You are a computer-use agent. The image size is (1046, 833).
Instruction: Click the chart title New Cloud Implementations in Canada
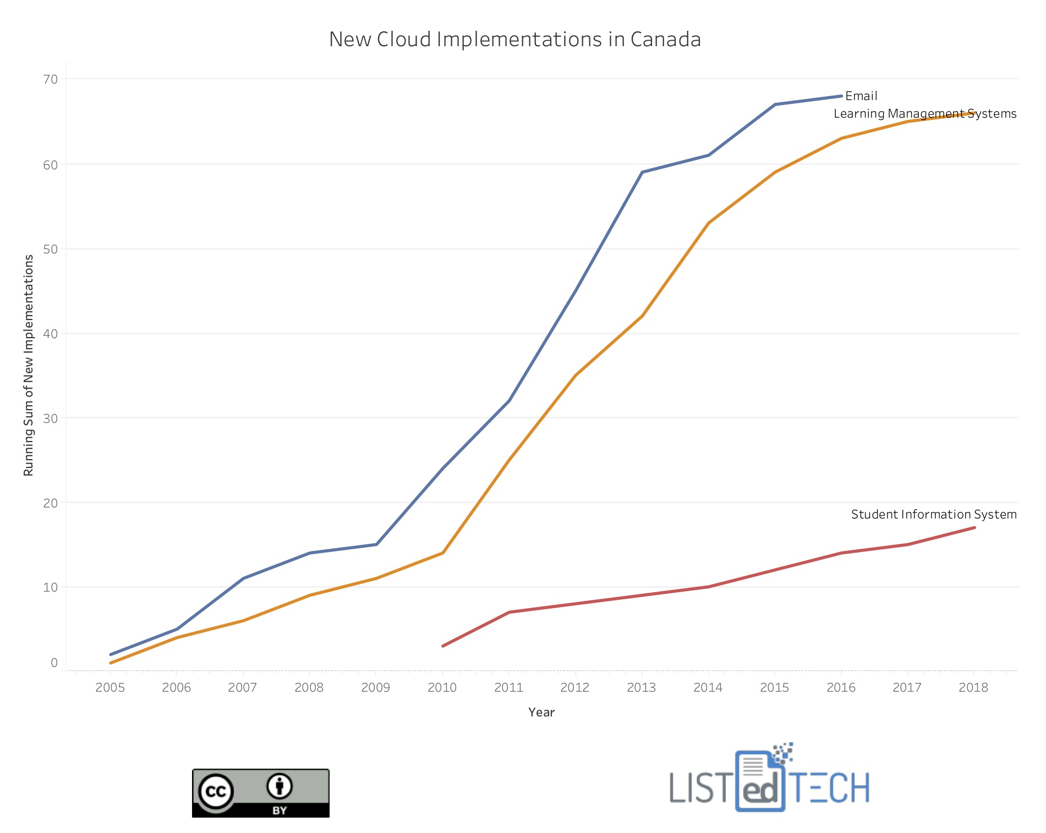tap(514, 40)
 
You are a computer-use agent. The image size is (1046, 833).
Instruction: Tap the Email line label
tap(861, 96)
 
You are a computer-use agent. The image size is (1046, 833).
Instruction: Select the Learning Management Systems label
tap(924, 114)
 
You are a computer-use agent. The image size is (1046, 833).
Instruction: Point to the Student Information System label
tap(933, 515)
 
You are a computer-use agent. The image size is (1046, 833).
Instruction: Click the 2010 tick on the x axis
tap(442, 687)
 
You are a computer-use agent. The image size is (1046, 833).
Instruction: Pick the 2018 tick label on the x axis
tap(973, 687)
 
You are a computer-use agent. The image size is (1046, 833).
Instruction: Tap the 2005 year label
tap(110, 687)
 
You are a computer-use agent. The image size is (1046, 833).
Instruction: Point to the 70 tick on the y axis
tap(51, 79)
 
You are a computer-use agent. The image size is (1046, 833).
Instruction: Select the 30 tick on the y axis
tap(51, 418)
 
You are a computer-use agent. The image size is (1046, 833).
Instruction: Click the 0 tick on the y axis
tap(54, 663)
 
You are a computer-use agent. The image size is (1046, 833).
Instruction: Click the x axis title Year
tap(541, 713)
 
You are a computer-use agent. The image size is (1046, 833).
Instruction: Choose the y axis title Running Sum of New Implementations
tap(29, 365)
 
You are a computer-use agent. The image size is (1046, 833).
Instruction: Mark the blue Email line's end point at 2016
tap(841, 96)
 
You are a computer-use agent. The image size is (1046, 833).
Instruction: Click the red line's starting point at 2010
tap(443, 646)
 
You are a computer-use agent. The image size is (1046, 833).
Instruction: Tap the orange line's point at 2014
tap(708, 223)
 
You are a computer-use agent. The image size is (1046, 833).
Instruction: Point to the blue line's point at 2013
tap(642, 172)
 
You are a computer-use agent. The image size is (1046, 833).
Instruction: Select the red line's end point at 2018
tap(974, 528)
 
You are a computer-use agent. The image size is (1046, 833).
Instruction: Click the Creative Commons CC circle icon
tap(216, 792)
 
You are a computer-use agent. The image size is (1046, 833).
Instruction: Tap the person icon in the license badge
tap(280, 786)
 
